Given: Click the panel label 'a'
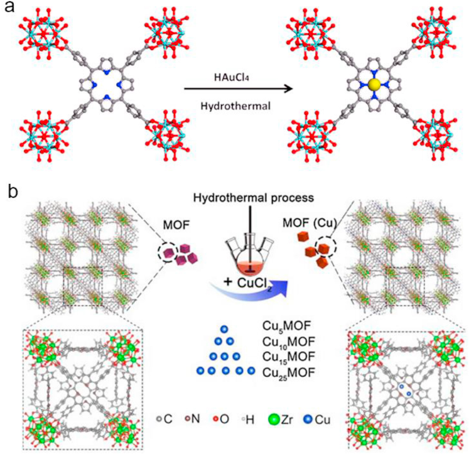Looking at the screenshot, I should click(x=8, y=9).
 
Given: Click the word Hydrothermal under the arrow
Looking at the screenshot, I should click(x=234, y=106).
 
